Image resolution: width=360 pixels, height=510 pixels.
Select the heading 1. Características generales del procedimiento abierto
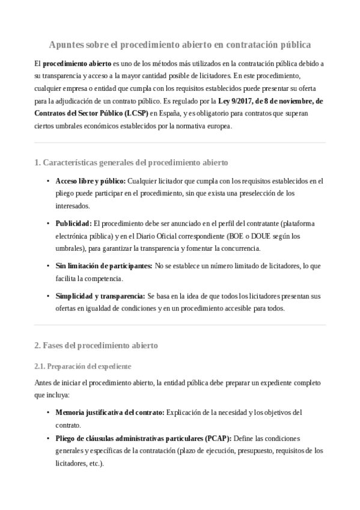[131, 162]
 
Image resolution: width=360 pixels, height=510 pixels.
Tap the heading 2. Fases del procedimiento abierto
[96, 345]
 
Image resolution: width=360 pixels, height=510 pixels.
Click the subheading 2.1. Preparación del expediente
[83, 366]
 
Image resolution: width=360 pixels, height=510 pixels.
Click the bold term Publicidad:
[73, 223]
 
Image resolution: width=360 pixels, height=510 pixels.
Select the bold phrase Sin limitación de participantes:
[103, 266]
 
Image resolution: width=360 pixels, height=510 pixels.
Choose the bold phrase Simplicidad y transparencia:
[100, 296]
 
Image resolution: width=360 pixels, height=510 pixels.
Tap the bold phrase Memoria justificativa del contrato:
[109, 412]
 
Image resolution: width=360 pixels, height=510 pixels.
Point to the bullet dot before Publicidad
[47, 224]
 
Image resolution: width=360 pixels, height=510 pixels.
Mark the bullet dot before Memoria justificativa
[47, 413]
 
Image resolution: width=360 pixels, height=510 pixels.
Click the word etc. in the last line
[95, 463]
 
